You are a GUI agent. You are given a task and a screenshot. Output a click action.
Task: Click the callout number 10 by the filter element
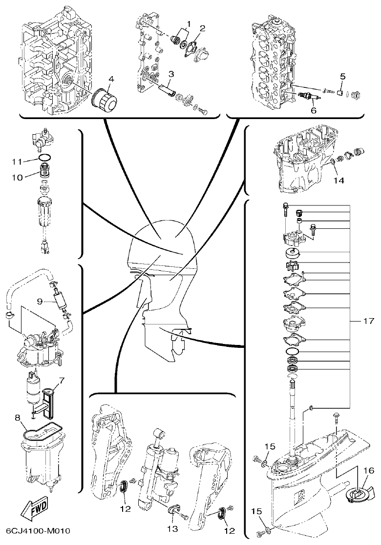click(x=17, y=178)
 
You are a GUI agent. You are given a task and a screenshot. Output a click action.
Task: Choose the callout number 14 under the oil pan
click(x=339, y=181)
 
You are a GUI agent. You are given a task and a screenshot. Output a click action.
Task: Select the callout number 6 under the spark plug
click(x=313, y=110)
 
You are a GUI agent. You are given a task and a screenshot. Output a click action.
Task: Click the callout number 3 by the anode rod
click(x=171, y=74)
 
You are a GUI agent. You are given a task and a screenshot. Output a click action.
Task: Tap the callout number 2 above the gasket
click(x=202, y=28)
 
